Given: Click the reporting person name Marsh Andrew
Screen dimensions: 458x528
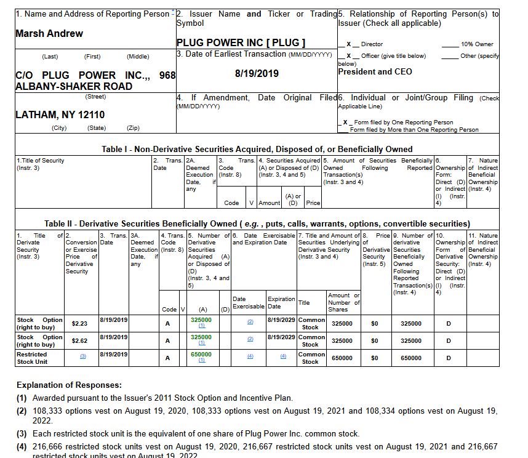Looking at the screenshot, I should point(49,33).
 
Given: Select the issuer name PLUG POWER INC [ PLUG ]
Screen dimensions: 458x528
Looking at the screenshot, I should point(241,42).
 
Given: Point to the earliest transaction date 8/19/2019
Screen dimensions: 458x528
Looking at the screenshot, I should point(257,73).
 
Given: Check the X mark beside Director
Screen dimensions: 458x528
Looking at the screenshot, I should point(348,44).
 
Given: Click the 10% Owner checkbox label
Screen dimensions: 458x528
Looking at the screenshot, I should point(477,44).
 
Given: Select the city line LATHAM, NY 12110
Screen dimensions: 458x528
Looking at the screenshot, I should point(60,114).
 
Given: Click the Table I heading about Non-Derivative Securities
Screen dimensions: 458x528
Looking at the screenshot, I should point(257,149).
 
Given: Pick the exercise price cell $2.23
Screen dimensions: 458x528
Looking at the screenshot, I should point(80,323).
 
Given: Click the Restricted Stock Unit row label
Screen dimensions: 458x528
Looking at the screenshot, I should point(32,358).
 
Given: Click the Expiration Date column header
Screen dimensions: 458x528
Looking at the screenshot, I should point(280,302).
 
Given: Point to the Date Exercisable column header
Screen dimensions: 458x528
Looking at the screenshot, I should point(248,302).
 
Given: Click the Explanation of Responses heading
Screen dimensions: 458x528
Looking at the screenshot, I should point(69,385).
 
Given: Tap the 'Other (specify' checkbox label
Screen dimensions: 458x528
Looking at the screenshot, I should point(479,56).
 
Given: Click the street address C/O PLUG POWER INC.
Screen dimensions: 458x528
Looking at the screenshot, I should point(95,81).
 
